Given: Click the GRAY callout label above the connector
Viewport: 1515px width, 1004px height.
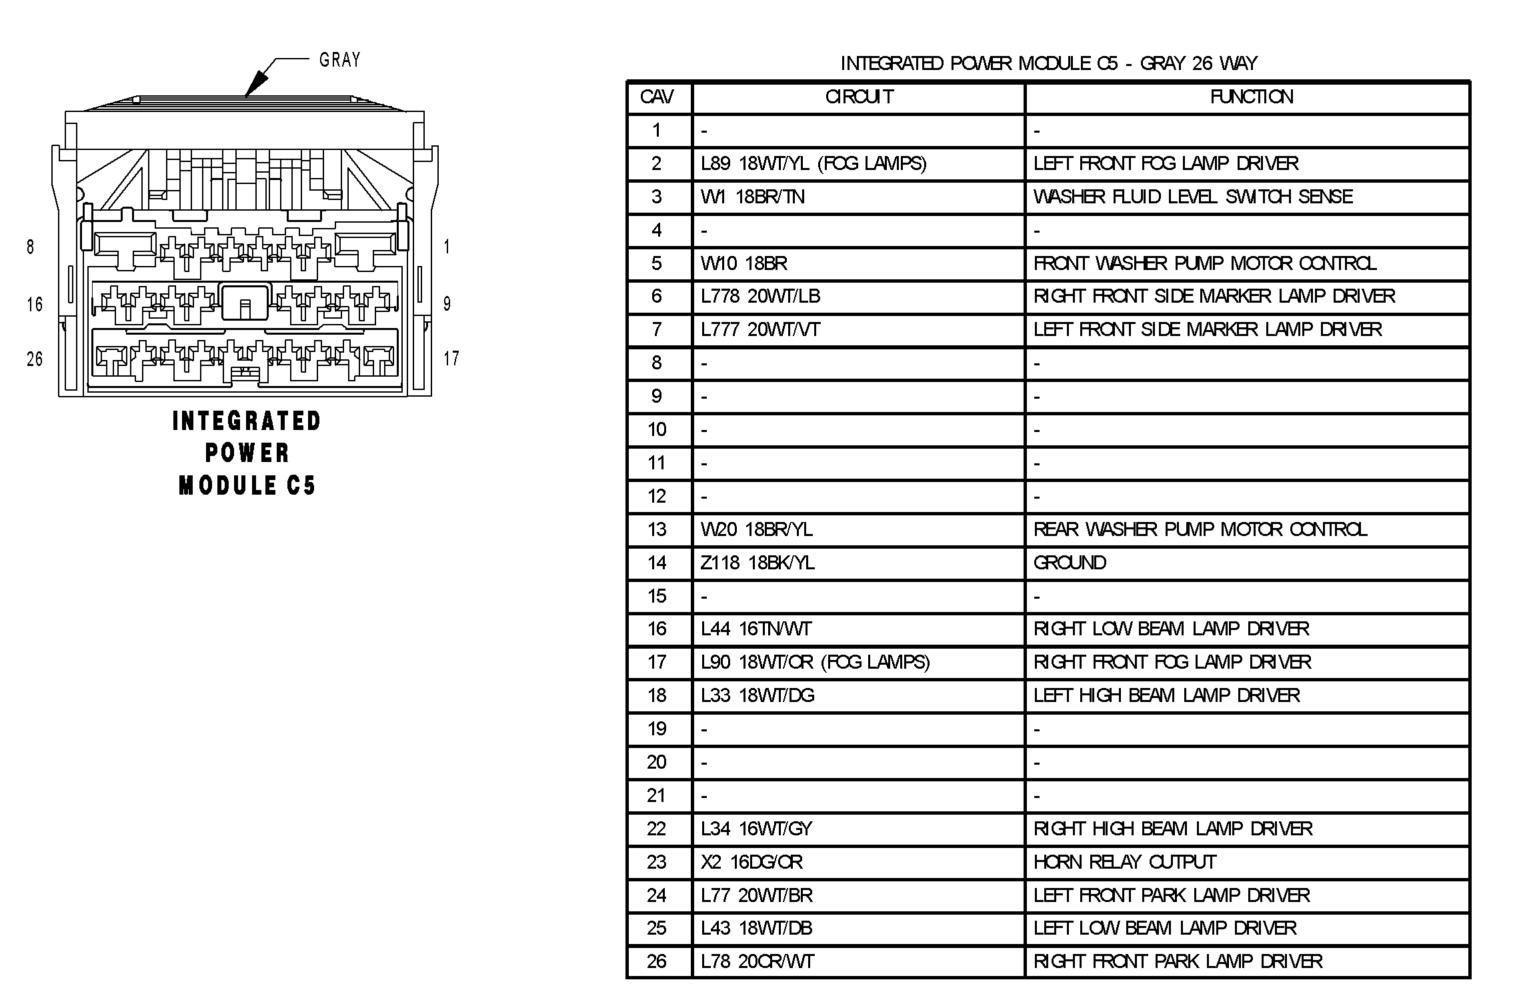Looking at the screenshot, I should (339, 60).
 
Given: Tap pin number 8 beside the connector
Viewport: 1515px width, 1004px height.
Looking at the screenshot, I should (30, 247).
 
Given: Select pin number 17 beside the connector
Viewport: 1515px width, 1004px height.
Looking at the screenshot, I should (451, 359).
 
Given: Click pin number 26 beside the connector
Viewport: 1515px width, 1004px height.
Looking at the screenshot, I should (35, 359).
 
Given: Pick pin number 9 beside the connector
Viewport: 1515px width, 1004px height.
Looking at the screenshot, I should (447, 304).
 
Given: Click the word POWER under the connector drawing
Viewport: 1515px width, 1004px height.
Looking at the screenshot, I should (247, 453).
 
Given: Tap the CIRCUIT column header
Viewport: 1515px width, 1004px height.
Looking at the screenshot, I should (859, 97).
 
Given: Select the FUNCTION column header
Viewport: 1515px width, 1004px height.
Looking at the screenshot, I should (1251, 97).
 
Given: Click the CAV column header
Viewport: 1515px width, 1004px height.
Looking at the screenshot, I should (657, 97).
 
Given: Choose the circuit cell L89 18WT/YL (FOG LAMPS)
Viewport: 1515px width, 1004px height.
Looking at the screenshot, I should (814, 163).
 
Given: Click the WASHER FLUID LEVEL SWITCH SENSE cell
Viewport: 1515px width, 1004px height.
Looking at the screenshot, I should (1193, 197).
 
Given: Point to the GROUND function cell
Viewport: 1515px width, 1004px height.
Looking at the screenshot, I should (1070, 563).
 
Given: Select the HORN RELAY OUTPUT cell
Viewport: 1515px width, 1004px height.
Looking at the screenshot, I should (1125, 862).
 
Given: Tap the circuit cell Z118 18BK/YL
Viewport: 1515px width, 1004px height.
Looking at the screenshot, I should (757, 563).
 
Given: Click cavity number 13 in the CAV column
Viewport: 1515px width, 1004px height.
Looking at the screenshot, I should (657, 529).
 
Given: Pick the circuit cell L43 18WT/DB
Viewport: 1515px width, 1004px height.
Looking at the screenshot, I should (756, 928).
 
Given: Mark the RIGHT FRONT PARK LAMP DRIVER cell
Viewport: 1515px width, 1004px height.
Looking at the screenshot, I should (1178, 961).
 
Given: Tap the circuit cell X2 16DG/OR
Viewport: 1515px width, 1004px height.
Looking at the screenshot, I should (751, 862).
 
